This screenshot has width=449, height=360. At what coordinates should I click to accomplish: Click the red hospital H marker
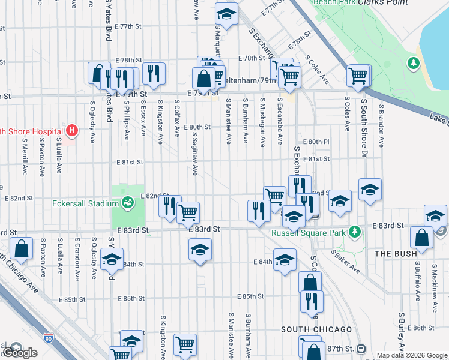coord(72,130)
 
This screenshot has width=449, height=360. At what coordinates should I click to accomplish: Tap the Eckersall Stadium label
coord(84,203)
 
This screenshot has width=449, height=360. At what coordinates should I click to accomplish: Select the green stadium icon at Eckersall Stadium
coord(128,203)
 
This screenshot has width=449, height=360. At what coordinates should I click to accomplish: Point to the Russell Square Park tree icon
coord(355,231)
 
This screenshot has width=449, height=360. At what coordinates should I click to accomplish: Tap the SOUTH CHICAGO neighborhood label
coord(316,329)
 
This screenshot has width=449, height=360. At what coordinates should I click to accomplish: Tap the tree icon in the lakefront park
coord(413,62)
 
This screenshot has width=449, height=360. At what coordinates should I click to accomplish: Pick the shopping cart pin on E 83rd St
coord(189,212)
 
